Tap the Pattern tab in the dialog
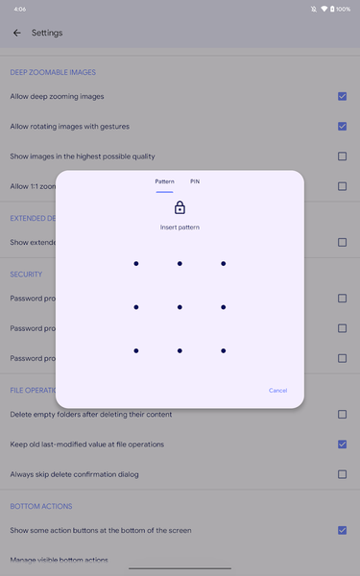coord(165,181)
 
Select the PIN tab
coord(195,181)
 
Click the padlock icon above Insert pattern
coord(180,207)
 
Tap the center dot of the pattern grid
coord(180,307)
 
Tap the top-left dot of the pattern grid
coord(136,263)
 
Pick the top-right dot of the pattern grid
coord(223,263)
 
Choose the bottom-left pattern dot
coord(136,350)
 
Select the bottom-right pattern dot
coord(223,350)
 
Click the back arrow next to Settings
coord(17,33)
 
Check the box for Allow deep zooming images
coord(342,96)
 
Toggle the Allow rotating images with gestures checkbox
coord(342,126)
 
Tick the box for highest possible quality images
coord(342,156)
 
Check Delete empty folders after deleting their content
coord(342,415)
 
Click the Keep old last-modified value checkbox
coord(342,444)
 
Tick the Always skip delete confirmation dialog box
coord(342,474)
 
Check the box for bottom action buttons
coord(342,530)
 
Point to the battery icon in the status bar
coord(332,9)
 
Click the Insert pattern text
coord(180,228)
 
